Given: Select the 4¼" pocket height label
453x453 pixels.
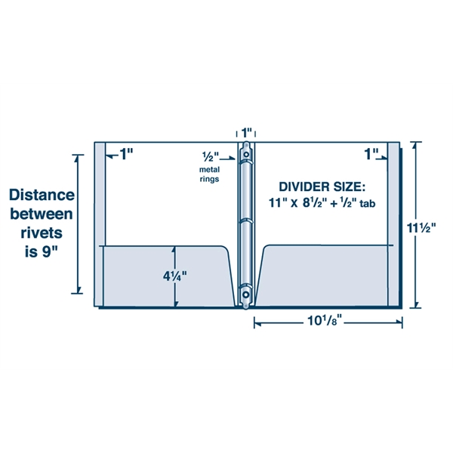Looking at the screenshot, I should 174,276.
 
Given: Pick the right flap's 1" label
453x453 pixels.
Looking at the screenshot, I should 371,154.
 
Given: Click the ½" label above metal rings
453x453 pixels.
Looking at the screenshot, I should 210,156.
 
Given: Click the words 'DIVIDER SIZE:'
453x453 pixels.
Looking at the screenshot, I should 322,186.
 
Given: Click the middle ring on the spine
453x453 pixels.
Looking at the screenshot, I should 246,222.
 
